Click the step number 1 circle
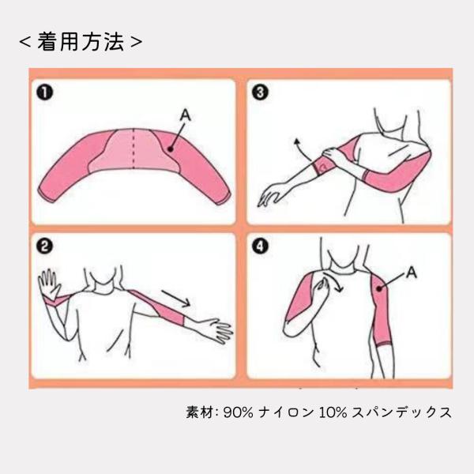45,92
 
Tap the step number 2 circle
45,246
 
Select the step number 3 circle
260,92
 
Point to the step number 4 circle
260,246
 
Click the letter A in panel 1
186,115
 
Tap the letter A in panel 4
412,273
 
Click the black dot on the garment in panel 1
170,149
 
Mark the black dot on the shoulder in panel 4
378,288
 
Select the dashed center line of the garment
134,149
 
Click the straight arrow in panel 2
176,298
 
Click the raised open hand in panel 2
49,284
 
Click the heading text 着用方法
81,42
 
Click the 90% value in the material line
239,412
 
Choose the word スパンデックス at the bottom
402,412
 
